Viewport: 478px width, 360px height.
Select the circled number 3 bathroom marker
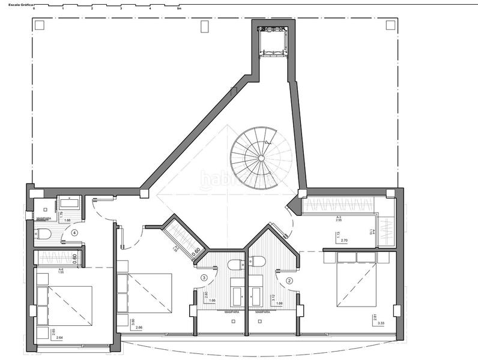pyautogui.click(x=204, y=278)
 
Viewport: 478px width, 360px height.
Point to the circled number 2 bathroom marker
pyautogui.click(x=289, y=280)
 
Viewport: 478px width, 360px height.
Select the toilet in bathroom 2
pyautogui.click(x=258, y=260)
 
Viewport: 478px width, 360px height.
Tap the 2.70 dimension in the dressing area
pyautogui.click(x=345, y=240)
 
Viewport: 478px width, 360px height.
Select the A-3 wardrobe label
pyautogui.click(x=339, y=217)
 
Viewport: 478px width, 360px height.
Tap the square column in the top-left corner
pyautogui.click(x=40, y=25)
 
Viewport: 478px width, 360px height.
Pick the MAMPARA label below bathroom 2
pyautogui.click(x=262, y=312)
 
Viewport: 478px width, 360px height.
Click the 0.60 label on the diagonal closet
pyautogui.click(x=195, y=252)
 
